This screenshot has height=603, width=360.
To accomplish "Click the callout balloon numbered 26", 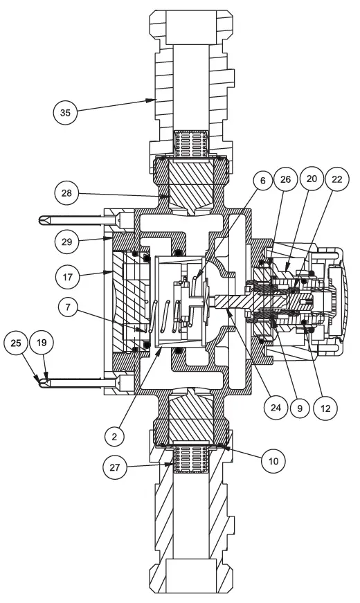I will click(285, 179).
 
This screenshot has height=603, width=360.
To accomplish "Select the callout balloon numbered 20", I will click(312, 179).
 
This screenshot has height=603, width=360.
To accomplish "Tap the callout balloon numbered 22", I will click(338, 179).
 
